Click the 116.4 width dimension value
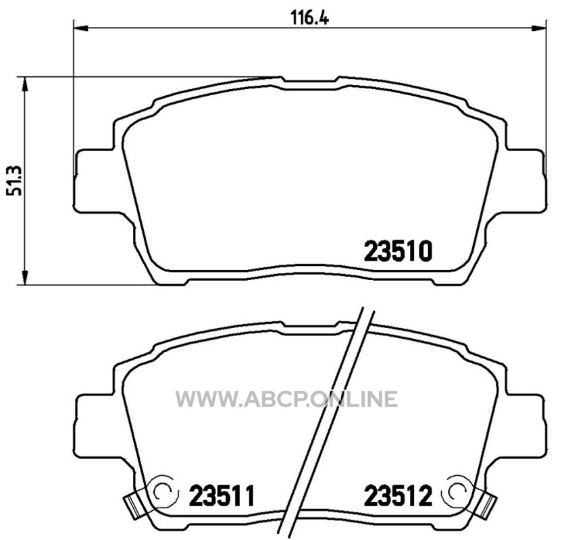click(309, 18)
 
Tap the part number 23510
click(398, 251)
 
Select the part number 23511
click(222, 495)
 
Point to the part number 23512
click(398, 495)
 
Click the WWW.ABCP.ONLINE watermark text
click(286, 399)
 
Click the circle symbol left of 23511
click(165, 490)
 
